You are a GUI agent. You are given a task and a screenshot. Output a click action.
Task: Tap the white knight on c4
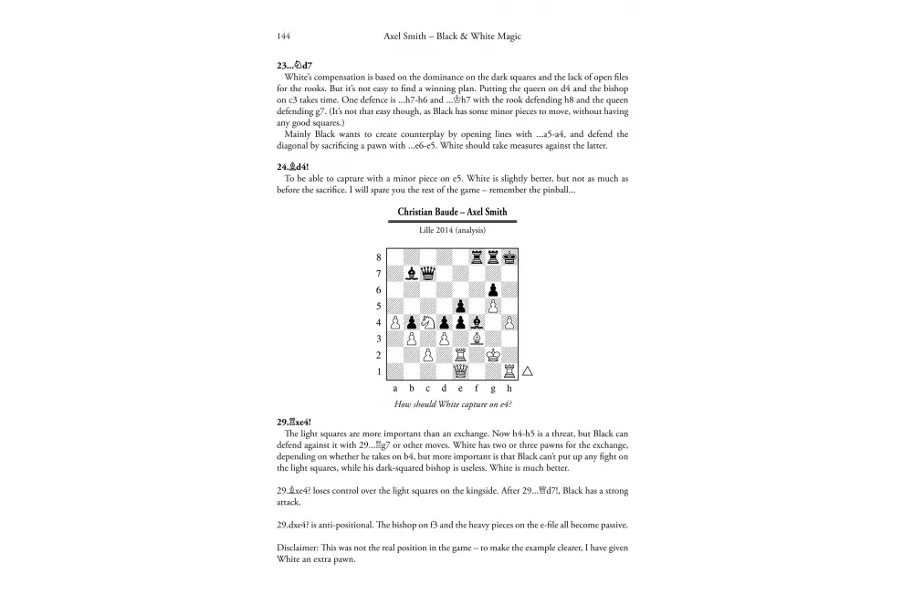tap(428, 322)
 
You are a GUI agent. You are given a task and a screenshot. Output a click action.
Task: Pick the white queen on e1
tap(461, 371)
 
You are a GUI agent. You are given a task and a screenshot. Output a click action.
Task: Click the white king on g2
tap(494, 355)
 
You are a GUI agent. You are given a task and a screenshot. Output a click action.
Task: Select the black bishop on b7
tap(412, 273)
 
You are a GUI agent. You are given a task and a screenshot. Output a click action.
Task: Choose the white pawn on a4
tap(395, 322)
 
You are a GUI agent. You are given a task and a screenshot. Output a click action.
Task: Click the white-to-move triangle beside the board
tap(527, 371)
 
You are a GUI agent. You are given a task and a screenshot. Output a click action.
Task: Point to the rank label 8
tap(378, 257)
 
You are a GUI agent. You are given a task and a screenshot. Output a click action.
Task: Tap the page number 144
tap(283, 37)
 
